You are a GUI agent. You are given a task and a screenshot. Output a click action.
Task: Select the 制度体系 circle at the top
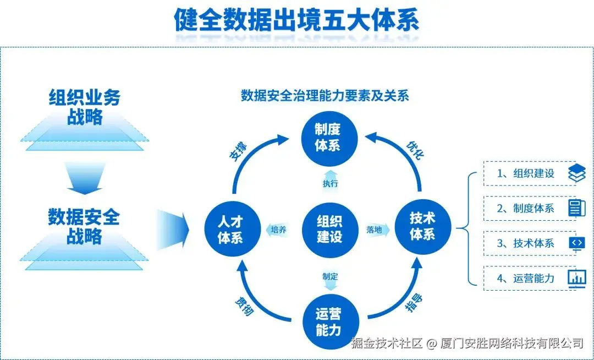point(328,137)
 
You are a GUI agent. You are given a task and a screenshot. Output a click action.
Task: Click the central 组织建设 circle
point(329,229)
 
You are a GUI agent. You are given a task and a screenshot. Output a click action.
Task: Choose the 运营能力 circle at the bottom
point(328,322)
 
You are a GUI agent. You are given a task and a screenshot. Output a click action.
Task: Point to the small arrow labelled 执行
point(330,183)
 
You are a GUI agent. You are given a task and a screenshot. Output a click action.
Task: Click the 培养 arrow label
point(280,230)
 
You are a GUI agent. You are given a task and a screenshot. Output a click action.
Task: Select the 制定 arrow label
point(330,276)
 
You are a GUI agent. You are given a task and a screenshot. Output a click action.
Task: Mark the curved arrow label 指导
point(414,304)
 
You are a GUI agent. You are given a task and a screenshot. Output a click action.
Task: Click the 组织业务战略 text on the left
point(84,107)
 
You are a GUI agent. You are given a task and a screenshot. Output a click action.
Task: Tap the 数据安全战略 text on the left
point(84,226)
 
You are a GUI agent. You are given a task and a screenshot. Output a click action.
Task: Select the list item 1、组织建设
point(525,173)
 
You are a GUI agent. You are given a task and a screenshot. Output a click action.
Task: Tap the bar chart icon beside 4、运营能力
point(577,278)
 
